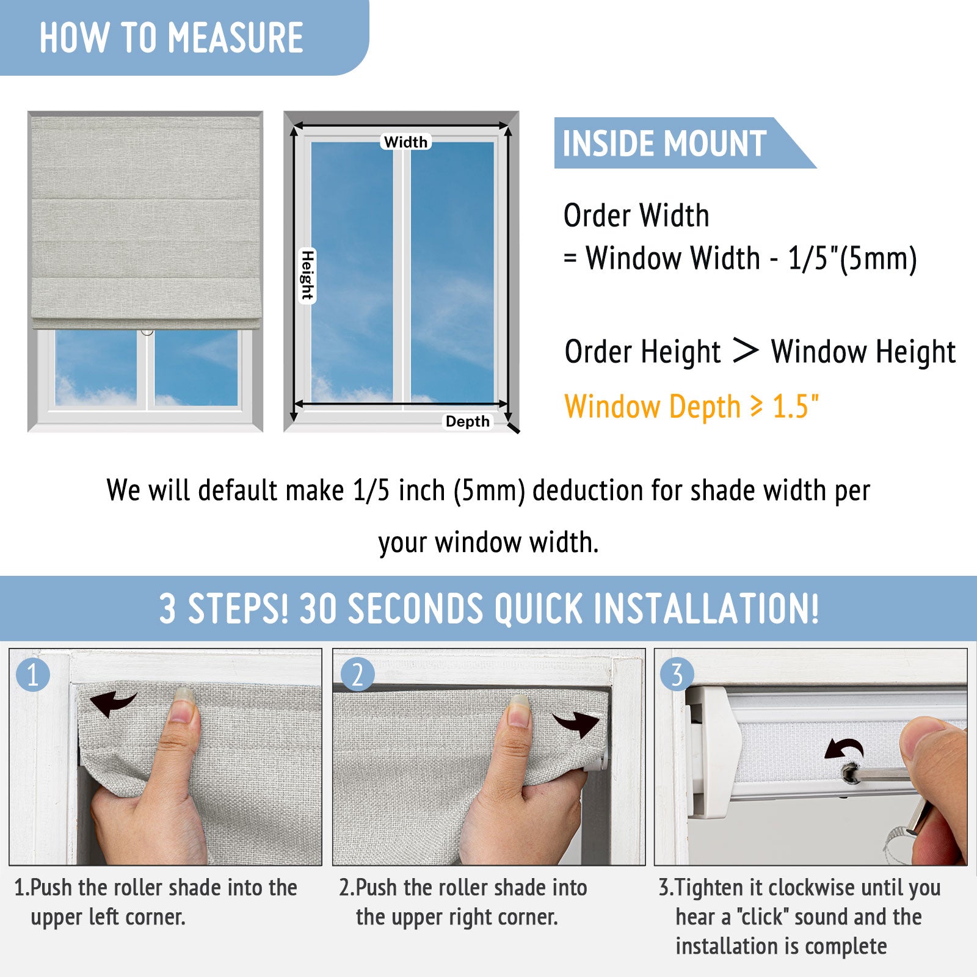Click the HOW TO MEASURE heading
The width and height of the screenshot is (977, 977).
tap(172, 37)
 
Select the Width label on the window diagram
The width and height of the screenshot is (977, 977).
tap(406, 142)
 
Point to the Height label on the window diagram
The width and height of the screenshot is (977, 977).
tap(308, 275)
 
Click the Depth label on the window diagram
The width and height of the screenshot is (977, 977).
tap(467, 421)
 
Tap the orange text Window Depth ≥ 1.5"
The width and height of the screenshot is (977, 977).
tap(692, 407)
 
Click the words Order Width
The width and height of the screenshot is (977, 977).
tap(636, 216)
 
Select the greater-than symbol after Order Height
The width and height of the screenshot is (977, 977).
tap(745, 350)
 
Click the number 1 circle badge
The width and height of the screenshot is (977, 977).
tap(33, 675)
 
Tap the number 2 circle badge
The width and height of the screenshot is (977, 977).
tap(357, 675)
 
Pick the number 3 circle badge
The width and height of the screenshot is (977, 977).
tap(677, 675)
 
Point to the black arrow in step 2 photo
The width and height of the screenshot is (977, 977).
tap(576, 724)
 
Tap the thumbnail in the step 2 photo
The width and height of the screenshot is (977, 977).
tap(518, 710)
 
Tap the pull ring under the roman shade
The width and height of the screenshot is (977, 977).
tap(147, 332)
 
